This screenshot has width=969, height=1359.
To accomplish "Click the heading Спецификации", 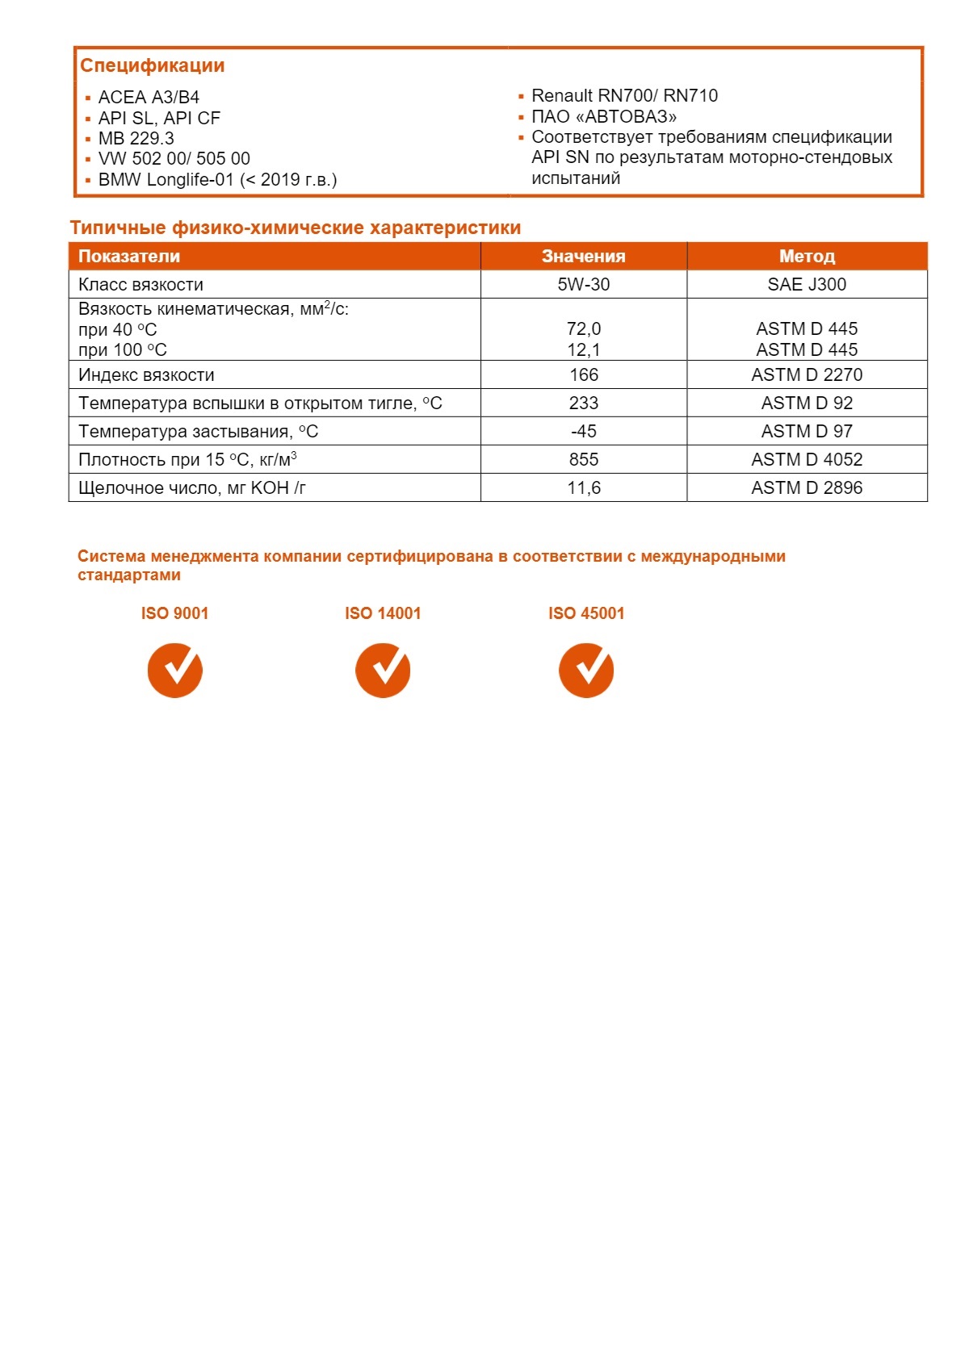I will tap(152, 66).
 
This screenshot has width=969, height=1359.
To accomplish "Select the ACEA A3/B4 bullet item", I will tap(149, 98).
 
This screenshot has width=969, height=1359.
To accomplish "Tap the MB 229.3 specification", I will tap(136, 139).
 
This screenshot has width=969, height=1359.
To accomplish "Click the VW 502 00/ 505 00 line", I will tap(174, 159).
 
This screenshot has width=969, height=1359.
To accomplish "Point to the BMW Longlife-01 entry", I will tap(216, 180).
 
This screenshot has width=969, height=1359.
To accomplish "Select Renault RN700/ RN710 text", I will tap(623, 96).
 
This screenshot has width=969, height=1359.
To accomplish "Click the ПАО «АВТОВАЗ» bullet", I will tap(603, 117).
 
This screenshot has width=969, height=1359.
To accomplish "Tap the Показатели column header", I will tap(129, 257).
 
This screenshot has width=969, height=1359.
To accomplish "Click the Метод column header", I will tap(806, 257).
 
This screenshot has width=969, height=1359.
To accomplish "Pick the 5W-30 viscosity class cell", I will tap(583, 285).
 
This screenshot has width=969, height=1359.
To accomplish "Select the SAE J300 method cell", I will tap(806, 285).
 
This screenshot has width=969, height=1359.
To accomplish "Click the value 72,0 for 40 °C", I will tap(583, 329).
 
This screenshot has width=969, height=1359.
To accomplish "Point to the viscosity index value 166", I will tap(583, 375).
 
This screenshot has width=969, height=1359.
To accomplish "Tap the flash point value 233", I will tap(583, 404).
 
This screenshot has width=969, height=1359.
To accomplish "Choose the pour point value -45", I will tap(583, 432).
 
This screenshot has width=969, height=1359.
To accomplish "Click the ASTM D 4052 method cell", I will tap(806, 460).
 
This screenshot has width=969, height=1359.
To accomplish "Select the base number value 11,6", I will tap(583, 488).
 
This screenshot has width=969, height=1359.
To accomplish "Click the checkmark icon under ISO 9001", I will tap(174, 670).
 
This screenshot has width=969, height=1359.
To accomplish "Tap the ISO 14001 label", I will tap(383, 613).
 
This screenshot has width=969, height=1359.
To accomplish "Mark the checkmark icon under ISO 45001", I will tap(586, 670).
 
